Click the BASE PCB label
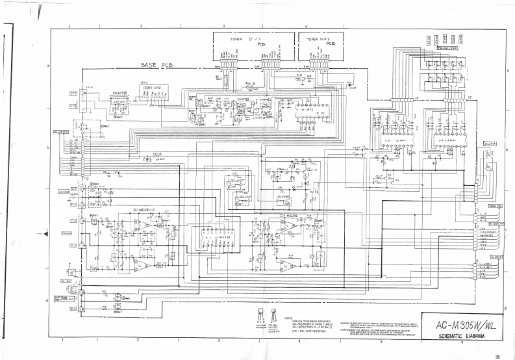pyautogui.click(x=158, y=66)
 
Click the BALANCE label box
pyautogui.click(x=490, y=144)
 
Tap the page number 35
pyautogui.click(x=497, y=355)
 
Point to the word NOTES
pyautogui.click(x=290, y=318)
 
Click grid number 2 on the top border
pyautogui.click(x=141, y=25)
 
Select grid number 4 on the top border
pyautogui.click(x=306, y=25)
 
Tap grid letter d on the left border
pyautogui.click(x=49, y=300)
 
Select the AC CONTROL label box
pyautogui.click(x=60, y=132)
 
